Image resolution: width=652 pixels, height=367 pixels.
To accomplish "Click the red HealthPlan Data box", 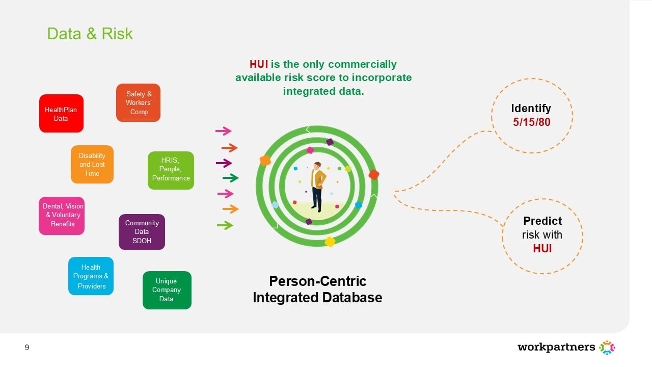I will (x=61, y=114).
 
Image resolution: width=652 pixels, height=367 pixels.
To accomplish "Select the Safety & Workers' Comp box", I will (x=138, y=103).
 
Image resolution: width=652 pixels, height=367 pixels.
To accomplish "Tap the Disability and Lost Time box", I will (x=92, y=165).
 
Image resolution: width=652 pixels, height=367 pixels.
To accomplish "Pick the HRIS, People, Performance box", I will (x=171, y=170).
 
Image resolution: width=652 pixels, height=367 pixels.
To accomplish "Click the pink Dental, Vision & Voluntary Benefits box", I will (x=62, y=216).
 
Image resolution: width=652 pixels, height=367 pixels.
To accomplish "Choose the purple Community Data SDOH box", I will (x=142, y=232).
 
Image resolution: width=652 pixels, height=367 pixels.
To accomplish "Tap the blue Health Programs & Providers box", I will (x=91, y=276).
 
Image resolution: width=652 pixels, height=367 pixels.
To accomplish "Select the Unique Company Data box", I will (x=167, y=290).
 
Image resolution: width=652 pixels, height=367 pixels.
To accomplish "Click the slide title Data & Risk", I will (x=90, y=34).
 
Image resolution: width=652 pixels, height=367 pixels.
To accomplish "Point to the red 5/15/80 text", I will (x=531, y=123).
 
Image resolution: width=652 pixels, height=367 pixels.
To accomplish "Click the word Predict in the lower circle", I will (x=542, y=221).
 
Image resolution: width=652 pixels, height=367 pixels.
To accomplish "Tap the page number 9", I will (x=27, y=348).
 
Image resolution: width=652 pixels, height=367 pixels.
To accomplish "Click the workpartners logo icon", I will (x=607, y=348).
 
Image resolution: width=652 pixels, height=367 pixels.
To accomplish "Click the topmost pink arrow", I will (x=223, y=131).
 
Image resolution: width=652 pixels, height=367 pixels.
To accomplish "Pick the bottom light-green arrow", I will (x=225, y=225).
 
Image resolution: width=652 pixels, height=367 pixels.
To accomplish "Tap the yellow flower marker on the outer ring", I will (x=330, y=242).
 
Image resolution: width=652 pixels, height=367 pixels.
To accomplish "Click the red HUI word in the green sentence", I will (x=259, y=64).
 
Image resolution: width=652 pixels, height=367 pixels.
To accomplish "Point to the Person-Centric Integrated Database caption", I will (x=317, y=289).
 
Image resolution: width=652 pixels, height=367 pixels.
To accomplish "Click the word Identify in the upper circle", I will (x=531, y=108).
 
